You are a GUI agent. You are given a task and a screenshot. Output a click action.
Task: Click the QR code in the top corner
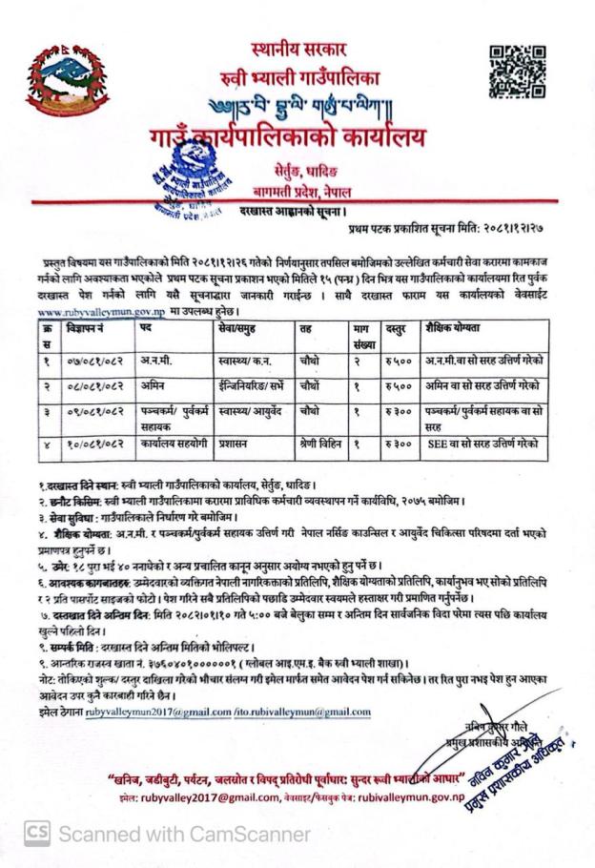click(517, 72)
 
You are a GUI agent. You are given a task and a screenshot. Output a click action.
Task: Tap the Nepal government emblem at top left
click(54, 79)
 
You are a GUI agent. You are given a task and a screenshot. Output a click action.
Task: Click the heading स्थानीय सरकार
click(298, 48)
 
